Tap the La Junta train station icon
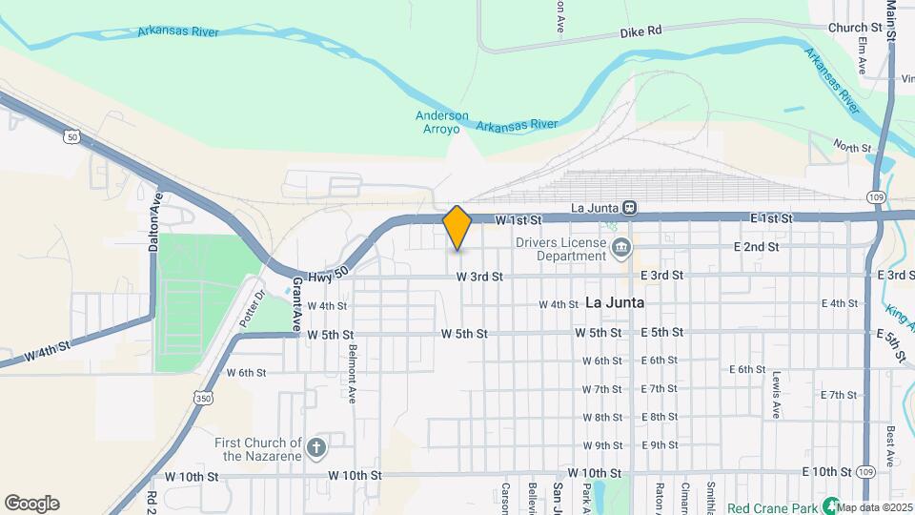point(630,207)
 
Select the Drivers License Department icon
point(621,250)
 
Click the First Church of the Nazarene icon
point(316,446)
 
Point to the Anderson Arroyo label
point(442,122)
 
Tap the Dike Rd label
point(640,31)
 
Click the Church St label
point(855,29)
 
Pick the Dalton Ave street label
point(154,220)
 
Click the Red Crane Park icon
point(831,505)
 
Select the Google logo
point(31,504)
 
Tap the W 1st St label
point(518,220)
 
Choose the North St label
point(852,147)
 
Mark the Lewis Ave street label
point(778,394)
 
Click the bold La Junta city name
point(615,302)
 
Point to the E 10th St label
point(826,472)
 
